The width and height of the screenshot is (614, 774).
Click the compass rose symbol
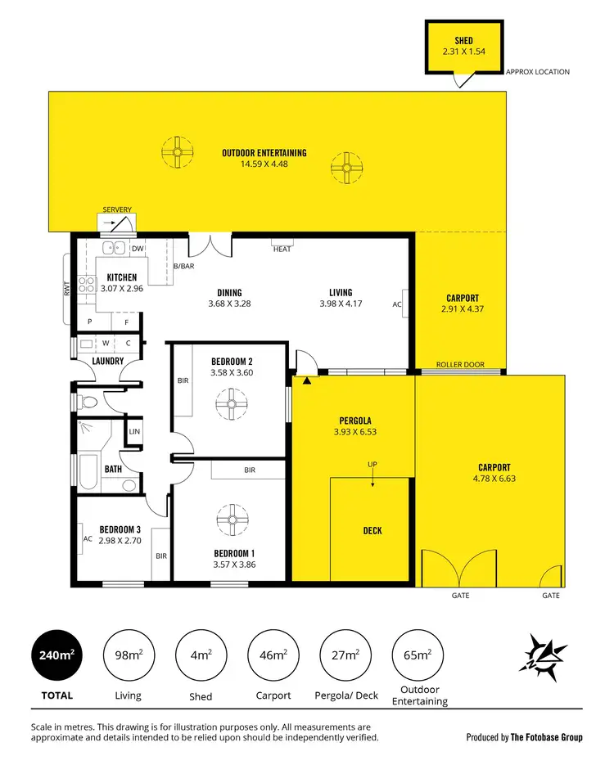click(x=543, y=657)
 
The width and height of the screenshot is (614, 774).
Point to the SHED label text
click(x=463, y=40)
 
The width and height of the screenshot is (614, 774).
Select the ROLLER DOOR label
click(x=460, y=365)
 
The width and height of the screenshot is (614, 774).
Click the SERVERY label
click(x=117, y=210)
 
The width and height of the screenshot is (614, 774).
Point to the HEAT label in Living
click(x=282, y=250)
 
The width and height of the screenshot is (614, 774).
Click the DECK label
click(x=372, y=531)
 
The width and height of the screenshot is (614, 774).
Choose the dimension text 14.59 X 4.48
click(x=264, y=164)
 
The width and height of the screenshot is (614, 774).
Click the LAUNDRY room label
click(x=107, y=361)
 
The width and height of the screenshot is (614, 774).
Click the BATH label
click(x=113, y=470)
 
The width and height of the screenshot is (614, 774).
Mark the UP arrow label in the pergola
click(x=372, y=465)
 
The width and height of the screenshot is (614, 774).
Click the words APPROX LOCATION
click(x=537, y=72)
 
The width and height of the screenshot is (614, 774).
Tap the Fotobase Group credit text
click(x=524, y=737)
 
